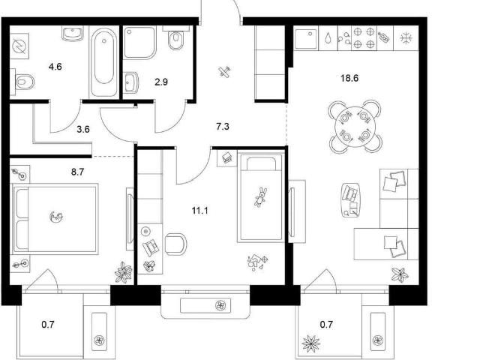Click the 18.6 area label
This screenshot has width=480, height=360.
349,78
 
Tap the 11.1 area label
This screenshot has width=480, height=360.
200,211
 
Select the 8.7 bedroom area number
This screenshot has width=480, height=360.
77,172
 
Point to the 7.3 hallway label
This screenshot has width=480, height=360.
223,127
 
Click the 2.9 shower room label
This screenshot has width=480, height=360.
161,82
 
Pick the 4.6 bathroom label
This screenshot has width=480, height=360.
55,67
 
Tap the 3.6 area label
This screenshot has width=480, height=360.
83,129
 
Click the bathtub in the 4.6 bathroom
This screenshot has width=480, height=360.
103,62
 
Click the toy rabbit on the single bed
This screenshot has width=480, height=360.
260,197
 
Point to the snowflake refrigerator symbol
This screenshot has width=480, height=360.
406,38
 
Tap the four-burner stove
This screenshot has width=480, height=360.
364,38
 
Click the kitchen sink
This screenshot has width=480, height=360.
306,38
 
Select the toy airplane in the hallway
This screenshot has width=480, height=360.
225,72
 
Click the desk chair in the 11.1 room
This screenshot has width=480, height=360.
175,244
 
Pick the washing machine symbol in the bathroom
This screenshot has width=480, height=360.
19,46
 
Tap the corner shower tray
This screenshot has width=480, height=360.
140,43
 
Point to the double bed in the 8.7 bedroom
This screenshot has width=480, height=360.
55,219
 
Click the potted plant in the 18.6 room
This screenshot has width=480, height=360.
400,274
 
